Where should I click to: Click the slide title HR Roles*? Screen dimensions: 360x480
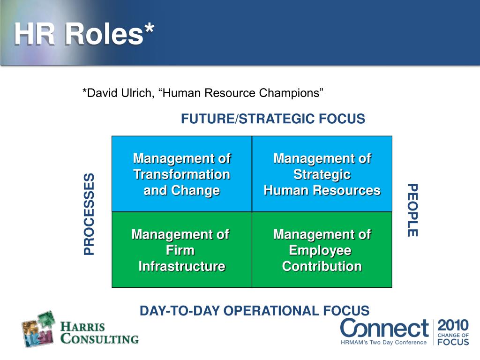click(x=84, y=34)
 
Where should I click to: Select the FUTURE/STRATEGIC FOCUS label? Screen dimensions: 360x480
click(x=273, y=119)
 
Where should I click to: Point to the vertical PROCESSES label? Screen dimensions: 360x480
click(x=89, y=214)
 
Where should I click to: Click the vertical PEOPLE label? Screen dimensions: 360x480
click(x=411, y=210)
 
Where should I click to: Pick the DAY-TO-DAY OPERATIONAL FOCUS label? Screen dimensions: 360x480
click(x=255, y=310)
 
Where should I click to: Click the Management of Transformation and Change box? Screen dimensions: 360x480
click(x=182, y=174)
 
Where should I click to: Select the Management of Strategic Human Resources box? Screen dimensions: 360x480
click(x=322, y=174)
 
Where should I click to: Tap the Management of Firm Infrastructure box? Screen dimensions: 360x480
click(x=182, y=250)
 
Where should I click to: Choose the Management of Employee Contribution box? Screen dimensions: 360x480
click(x=322, y=250)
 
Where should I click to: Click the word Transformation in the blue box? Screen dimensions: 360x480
click(x=182, y=174)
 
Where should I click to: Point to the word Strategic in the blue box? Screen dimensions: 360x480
click(x=322, y=174)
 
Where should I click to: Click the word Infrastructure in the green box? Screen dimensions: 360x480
click(x=182, y=266)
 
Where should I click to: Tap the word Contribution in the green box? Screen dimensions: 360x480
click(x=322, y=266)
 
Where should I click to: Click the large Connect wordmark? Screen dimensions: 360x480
click(x=384, y=328)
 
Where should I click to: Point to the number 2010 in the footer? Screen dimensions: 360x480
click(x=453, y=325)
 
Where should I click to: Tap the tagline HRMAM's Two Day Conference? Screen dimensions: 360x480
click(x=383, y=343)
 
